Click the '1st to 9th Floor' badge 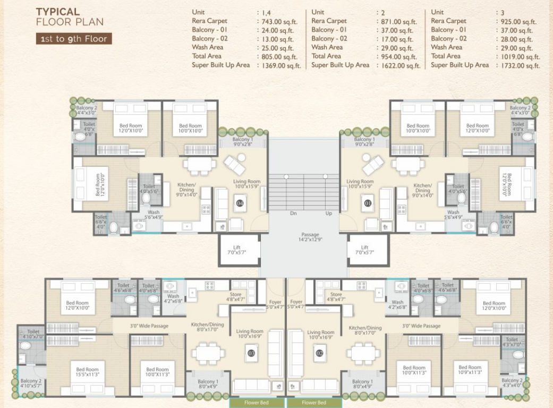[x=73, y=39]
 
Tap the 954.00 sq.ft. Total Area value [x=398, y=57]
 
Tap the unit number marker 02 [x=320, y=352]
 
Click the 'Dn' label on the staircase [x=293, y=214]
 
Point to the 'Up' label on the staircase [x=329, y=214]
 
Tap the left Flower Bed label [x=257, y=403]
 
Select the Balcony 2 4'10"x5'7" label [x=31, y=384]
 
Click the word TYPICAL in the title [x=57, y=12]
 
